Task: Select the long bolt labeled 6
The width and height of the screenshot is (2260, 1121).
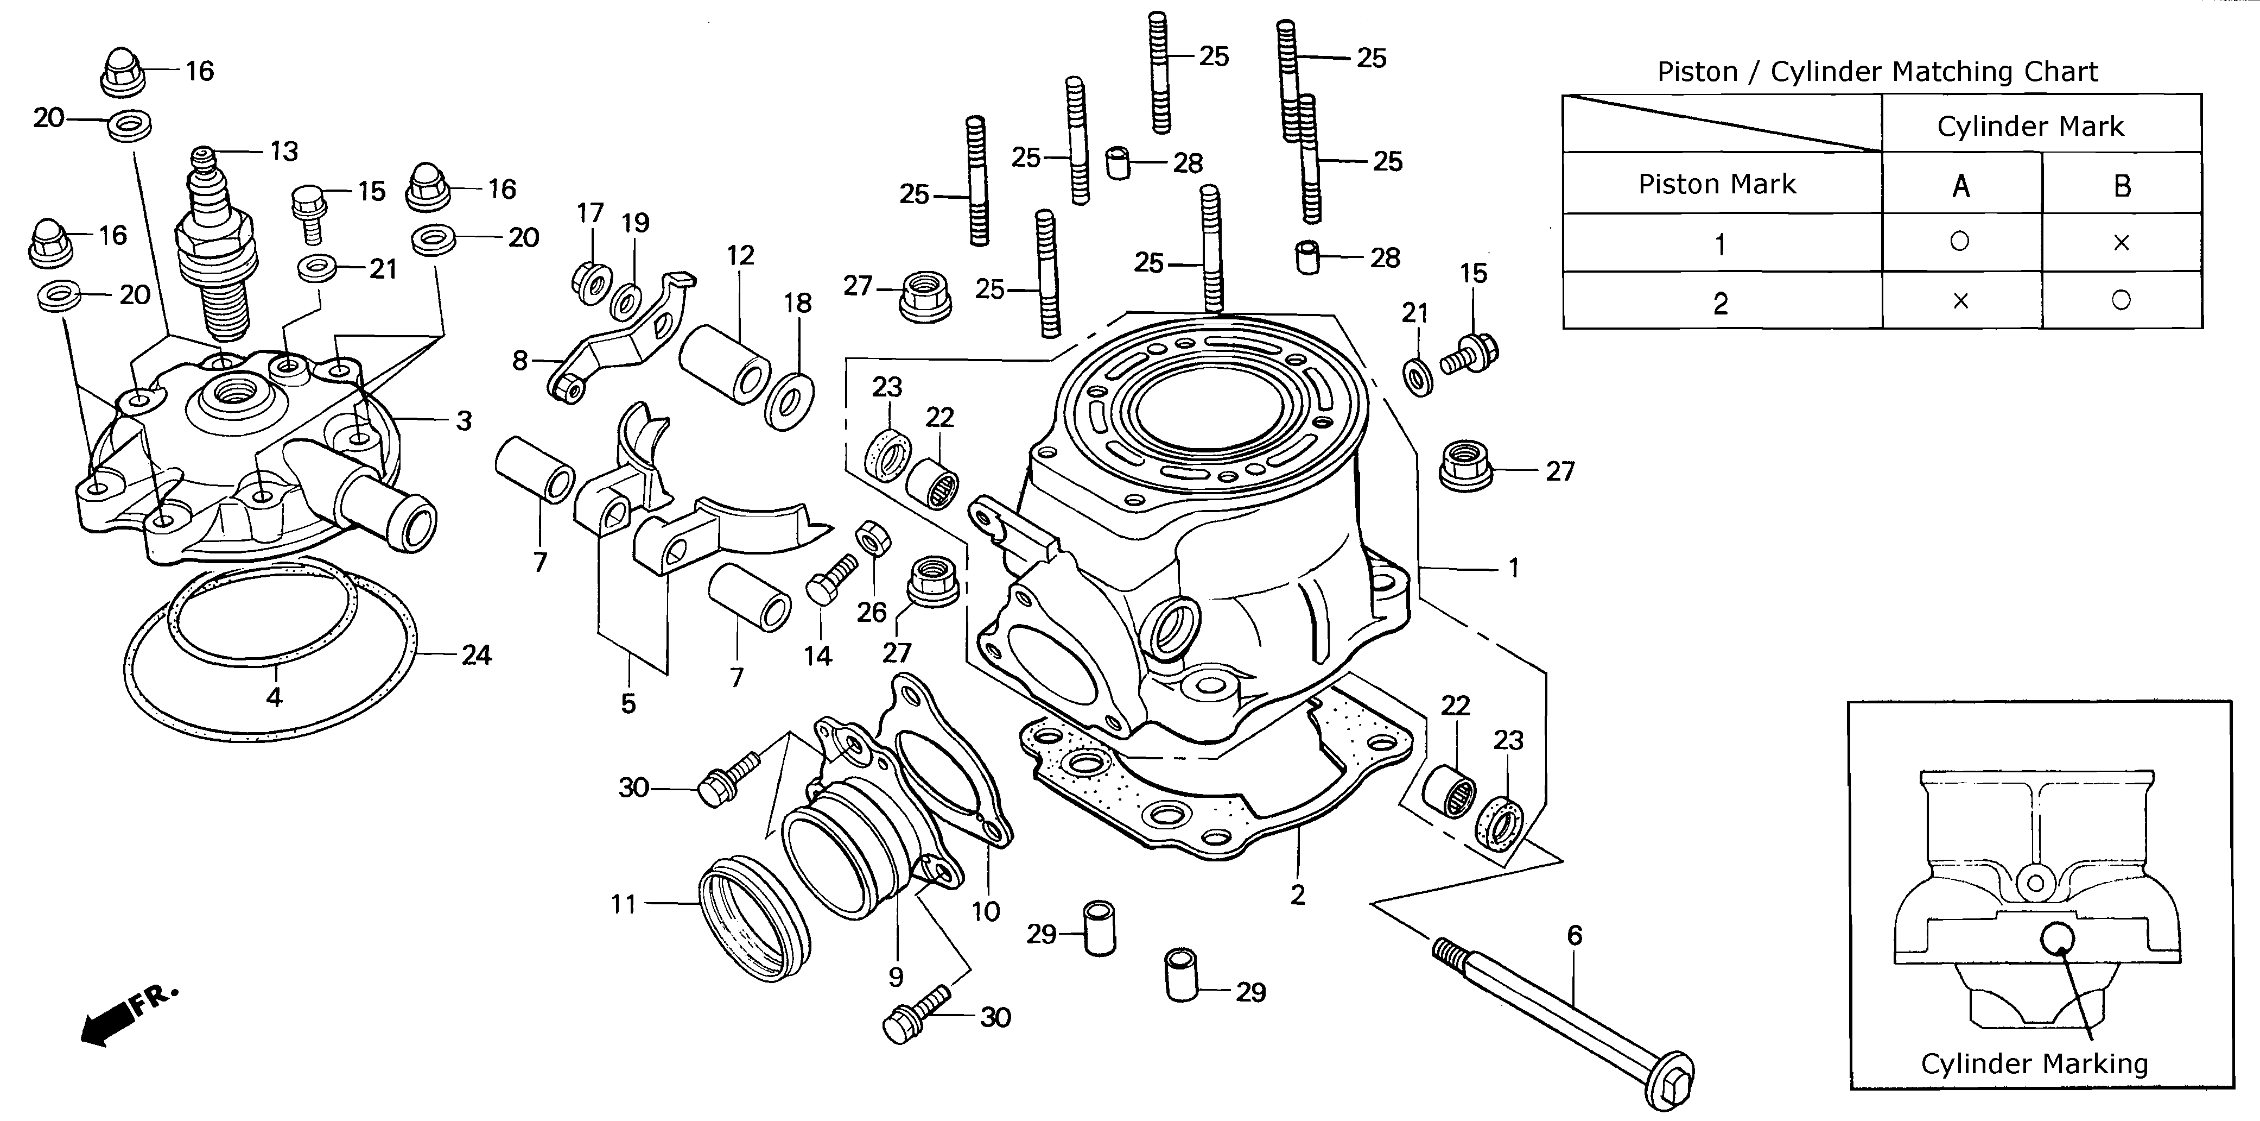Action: (x=1561, y=1018)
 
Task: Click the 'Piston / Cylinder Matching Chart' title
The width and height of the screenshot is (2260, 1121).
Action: (x=1877, y=71)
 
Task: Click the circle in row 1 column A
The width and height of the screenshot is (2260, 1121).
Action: (x=1959, y=241)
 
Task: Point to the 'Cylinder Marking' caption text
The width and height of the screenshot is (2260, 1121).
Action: (x=2034, y=1063)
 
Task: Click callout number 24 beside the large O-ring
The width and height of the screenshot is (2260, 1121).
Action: (x=477, y=655)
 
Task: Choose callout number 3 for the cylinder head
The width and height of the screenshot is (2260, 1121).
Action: (x=464, y=420)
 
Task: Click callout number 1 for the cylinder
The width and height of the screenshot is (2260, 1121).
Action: (x=1513, y=568)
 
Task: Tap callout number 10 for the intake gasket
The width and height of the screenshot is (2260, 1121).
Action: (x=985, y=911)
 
